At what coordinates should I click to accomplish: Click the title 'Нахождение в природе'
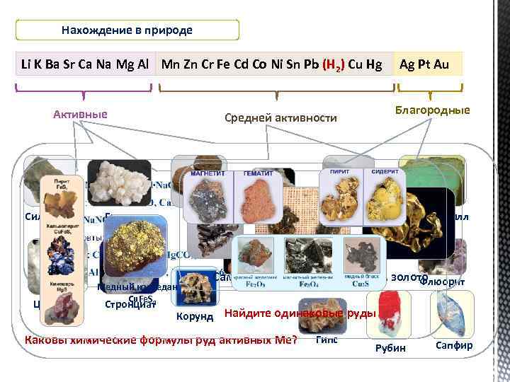tap(127, 30)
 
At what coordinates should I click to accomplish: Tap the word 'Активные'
tap(80, 115)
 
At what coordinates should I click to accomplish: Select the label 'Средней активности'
tap(280, 117)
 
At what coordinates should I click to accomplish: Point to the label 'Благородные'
tap(432, 110)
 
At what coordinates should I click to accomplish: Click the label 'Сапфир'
tap(454, 346)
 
